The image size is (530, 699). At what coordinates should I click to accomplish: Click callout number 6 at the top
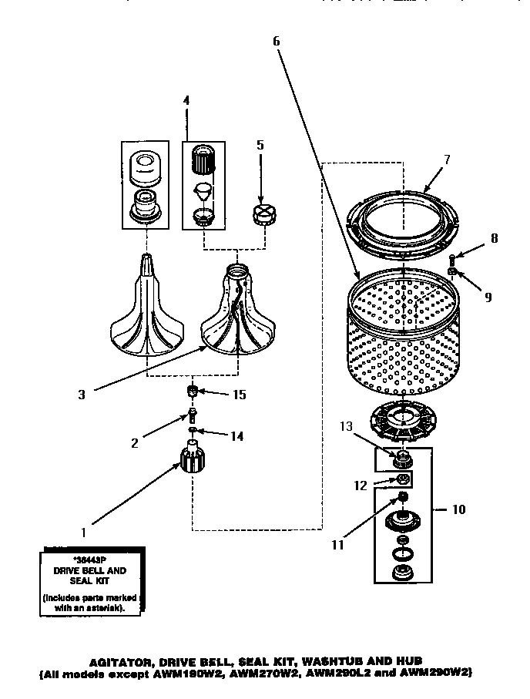point(276,42)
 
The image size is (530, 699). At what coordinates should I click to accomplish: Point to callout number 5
point(260,144)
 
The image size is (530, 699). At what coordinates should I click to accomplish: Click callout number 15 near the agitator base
point(240,395)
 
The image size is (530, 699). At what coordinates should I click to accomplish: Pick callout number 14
point(237,436)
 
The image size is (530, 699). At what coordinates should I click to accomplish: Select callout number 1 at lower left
point(84,531)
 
